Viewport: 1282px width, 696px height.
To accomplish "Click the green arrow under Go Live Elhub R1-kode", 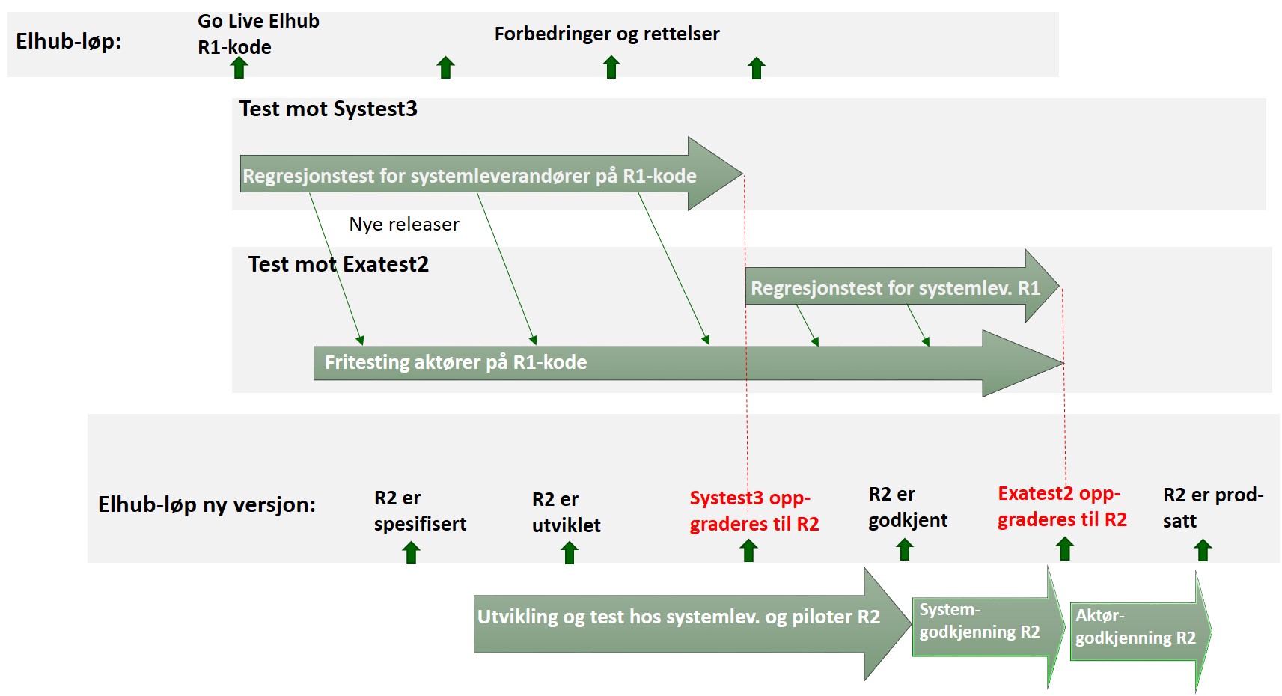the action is coord(239,67).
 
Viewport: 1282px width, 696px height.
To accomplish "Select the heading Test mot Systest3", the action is coord(328,109).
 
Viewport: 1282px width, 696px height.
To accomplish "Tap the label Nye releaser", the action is coord(404,224).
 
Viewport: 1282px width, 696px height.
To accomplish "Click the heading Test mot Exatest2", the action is coord(338,264).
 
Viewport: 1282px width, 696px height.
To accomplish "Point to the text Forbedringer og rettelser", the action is coord(607,34).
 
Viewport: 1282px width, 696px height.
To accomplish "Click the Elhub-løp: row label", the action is coord(69,42).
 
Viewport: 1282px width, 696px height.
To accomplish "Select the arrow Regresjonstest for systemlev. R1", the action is coord(903,286).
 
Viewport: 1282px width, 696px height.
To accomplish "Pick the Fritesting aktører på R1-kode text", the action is coord(456,362).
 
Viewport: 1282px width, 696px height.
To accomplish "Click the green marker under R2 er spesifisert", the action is coord(411,552).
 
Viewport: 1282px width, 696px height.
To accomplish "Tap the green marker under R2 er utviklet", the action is coord(569,553).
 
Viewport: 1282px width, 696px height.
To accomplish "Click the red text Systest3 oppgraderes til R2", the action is coord(754,511).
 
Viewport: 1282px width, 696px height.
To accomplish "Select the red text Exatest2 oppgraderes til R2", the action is coord(1062,507).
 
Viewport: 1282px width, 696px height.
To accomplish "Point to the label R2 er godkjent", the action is coord(908,507).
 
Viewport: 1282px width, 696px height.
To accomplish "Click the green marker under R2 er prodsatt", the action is coord(1203,550).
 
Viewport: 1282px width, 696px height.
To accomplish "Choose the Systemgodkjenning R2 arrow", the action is coord(989,627).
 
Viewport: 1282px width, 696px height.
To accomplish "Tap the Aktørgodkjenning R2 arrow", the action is coord(1141,632).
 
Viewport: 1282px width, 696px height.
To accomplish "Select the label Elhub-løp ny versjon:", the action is coord(207,505).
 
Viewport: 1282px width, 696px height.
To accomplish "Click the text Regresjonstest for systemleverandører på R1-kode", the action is coord(469,176).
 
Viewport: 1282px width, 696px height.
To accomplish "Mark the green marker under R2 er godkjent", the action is coord(904,549).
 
